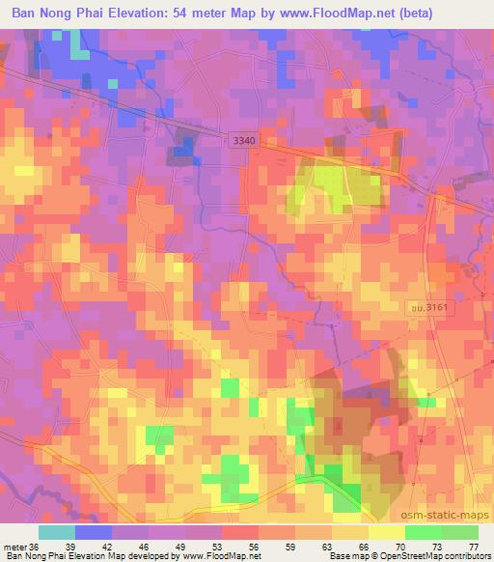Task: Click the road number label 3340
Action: tap(245, 141)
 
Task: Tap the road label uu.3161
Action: tap(425, 306)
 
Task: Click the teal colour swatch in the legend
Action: tap(57, 533)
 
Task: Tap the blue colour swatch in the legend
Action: tap(94, 533)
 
